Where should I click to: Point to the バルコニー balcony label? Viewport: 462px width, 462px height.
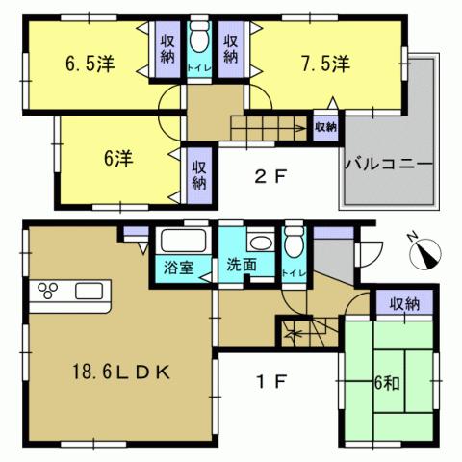coord(386,163)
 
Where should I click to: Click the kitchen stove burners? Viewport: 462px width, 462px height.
coord(46,290)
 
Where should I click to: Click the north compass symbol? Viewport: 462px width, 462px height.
coord(425,251)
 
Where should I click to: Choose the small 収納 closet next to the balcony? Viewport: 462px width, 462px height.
coord(325,126)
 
